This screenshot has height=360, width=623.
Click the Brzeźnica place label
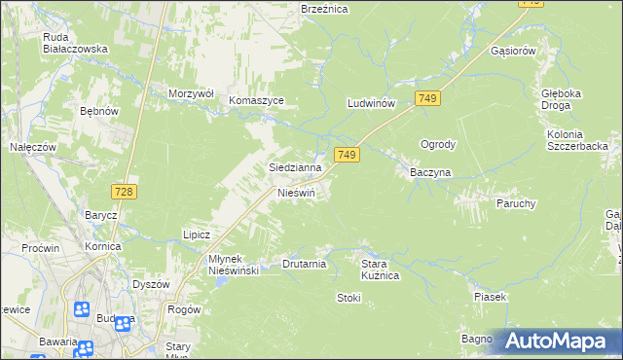tap(324, 8)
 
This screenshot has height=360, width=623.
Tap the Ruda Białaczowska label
tap(74, 43)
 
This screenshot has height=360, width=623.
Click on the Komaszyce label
tap(256, 100)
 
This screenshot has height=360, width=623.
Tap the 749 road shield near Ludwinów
tap(427, 98)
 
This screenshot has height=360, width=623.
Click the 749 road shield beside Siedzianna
tap(348, 155)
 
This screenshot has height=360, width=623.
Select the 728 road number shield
tap(123, 193)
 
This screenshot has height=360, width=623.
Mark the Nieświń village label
tap(297, 193)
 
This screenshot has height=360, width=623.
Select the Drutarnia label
tap(304, 264)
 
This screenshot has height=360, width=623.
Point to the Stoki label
tap(348, 298)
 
